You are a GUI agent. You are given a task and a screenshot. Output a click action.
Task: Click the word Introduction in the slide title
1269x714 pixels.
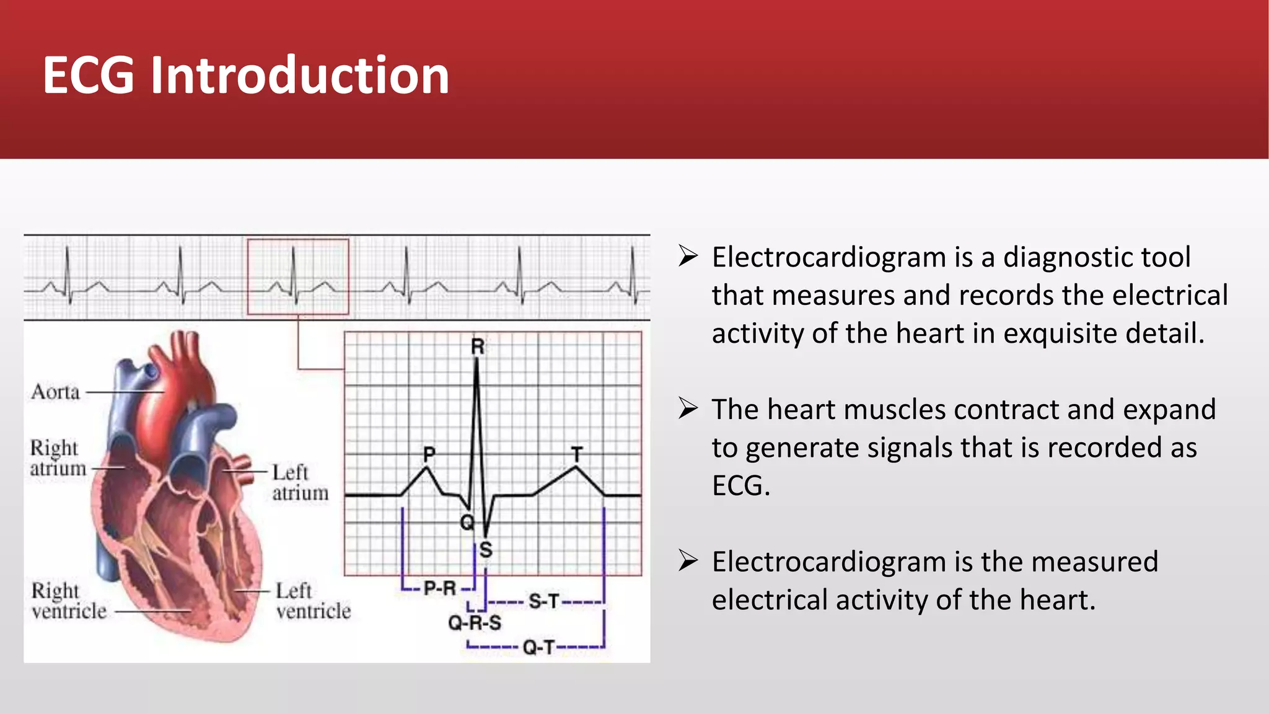[x=300, y=76]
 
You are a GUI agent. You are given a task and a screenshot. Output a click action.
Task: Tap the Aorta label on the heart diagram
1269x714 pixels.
[x=56, y=392]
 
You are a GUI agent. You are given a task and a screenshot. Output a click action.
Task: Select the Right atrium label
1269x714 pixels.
[x=57, y=458]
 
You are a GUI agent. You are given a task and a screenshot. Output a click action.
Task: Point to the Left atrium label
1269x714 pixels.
[x=300, y=482]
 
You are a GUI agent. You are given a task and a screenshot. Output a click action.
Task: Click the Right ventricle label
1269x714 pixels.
[x=69, y=601]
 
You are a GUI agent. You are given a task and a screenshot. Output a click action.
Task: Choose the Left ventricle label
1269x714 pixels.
[x=313, y=601]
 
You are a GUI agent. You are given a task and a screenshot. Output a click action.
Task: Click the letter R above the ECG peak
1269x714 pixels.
[x=477, y=346]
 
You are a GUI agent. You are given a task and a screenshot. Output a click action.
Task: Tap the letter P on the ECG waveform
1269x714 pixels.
[x=429, y=454]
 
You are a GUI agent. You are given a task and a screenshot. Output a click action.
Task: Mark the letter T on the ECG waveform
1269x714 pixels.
[x=577, y=454]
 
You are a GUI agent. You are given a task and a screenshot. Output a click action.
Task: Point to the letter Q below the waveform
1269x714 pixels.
[x=467, y=522]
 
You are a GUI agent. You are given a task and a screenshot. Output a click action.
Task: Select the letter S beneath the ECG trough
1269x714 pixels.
[x=486, y=549]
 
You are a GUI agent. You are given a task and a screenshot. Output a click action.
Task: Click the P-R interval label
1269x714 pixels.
[x=439, y=588]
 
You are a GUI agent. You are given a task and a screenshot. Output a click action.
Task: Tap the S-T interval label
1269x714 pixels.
[x=544, y=601]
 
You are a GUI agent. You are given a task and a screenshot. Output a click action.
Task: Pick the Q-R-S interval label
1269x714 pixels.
[x=475, y=622]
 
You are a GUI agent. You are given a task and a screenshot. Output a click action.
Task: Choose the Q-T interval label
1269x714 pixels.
[x=538, y=648]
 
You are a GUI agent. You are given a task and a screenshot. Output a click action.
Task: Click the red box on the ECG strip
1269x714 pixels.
[x=298, y=276]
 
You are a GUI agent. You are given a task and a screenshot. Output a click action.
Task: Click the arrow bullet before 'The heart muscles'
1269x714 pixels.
[x=688, y=408]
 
